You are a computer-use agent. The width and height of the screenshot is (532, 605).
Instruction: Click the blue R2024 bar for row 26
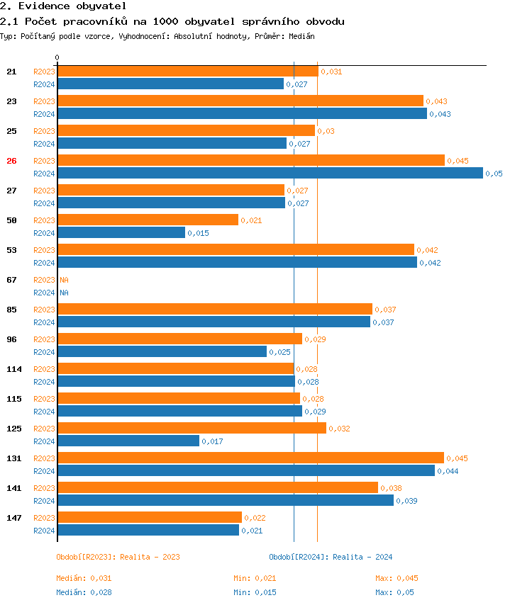click(x=270, y=174)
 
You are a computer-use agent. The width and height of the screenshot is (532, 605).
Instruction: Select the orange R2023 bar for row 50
click(x=148, y=220)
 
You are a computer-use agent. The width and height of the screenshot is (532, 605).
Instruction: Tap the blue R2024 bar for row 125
click(x=128, y=441)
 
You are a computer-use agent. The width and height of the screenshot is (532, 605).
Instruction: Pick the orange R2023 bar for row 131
click(x=250, y=458)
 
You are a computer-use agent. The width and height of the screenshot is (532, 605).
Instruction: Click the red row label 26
click(x=11, y=161)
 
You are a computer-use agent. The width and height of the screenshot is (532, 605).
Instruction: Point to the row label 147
click(x=13, y=518)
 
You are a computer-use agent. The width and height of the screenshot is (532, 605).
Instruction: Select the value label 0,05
click(x=494, y=174)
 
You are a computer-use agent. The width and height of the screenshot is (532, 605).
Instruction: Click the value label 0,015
click(x=198, y=233)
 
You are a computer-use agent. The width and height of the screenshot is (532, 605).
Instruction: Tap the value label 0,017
click(x=212, y=441)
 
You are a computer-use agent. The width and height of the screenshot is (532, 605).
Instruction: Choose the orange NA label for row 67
click(x=64, y=280)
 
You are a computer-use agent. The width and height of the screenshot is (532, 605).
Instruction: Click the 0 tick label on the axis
click(x=57, y=57)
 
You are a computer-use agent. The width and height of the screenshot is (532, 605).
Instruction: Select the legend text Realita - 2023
click(x=150, y=557)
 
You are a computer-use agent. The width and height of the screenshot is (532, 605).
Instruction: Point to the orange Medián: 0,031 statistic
click(x=84, y=578)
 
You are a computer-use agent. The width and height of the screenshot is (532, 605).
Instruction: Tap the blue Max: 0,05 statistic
click(x=394, y=592)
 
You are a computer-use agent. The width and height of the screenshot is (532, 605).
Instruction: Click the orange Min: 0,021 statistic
click(x=260, y=578)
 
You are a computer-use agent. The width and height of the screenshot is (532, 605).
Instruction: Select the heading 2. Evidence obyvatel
click(x=53, y=6)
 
